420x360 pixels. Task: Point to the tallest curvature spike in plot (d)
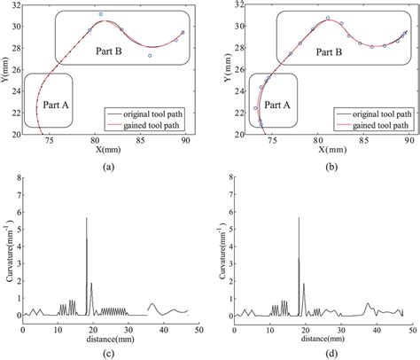click(x=299, y=218)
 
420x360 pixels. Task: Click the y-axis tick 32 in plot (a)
click(x=19, y=6)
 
